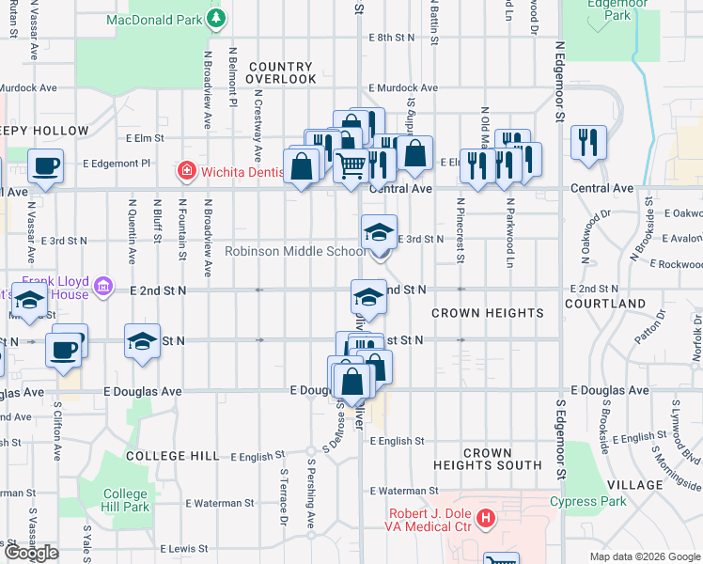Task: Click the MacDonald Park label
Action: point(154,18)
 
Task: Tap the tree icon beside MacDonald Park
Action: point(217,18)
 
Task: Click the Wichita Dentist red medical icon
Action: point(187,171)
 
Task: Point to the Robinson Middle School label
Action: point(296,251)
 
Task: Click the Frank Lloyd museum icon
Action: point(103,285)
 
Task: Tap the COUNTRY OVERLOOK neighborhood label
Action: point(281,73)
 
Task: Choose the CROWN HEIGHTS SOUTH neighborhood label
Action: point(487,459)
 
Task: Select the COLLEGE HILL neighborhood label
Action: point(172,456)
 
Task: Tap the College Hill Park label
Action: point(125,500)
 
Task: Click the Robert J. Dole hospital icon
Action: point(485,516)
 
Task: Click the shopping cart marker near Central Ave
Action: point(351,164)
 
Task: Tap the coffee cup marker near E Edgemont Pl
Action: point(45,165)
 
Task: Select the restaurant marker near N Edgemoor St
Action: point(588,143)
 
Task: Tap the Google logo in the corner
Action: point(31,553)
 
